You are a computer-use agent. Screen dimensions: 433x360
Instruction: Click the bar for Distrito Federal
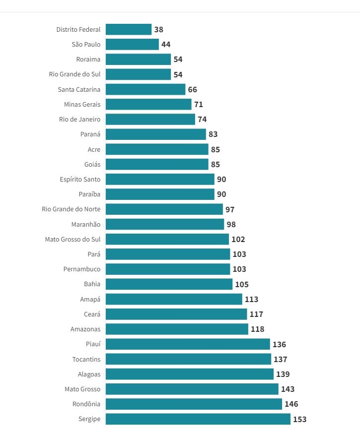pyautogui.click(x=129, y=29)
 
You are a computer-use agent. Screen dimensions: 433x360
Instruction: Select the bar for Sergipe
pyautogui.click(x=198, y=419)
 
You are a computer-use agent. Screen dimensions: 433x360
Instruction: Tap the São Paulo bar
pyautogui.click(x=132, y=44)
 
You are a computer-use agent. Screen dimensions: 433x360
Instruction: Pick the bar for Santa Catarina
pyautogui.click(x=145, y=89)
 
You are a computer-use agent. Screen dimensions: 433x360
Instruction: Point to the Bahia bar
pyautogui.click(x=169, y=284)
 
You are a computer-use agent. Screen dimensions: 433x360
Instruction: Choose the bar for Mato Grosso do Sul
pyautogui.click(x=167, y=239)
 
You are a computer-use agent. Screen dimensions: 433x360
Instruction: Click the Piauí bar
pyautogui.click(x=188, y=344)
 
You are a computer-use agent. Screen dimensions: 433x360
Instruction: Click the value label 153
pyautogui.click(x=300, y=419)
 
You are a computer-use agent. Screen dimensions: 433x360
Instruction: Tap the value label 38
pyautogui.click(x=159, y=29)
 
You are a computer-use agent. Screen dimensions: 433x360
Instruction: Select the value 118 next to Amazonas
pyautogui.click(x=258, y=329)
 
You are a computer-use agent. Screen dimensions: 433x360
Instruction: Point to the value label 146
pyautogui.click(x=291, y=404)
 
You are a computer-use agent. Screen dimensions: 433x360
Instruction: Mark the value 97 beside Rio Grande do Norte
pyautogui.click(x=230, y=209)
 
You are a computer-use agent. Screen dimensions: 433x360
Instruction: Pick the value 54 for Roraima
pyautogui.click(x=178, y=60)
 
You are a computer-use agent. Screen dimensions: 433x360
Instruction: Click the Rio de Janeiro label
pyautogui.click(x=79, y=119)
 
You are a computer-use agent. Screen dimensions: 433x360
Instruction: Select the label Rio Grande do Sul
pyautogui.click(x=74, y=74)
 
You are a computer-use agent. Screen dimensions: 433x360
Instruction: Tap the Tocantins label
pyautogui.click(x=86, y=359)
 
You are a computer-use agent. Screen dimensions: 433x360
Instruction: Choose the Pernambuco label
pyautogui.click(x=82, y=269)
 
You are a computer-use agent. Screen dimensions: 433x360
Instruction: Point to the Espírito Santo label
pyautogui.click(x=80, y=179)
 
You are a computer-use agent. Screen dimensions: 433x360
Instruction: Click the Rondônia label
pyautogui.click(x=86, y=404)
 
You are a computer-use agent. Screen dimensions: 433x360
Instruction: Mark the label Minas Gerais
pyautogui.click(x=82, y=104)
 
